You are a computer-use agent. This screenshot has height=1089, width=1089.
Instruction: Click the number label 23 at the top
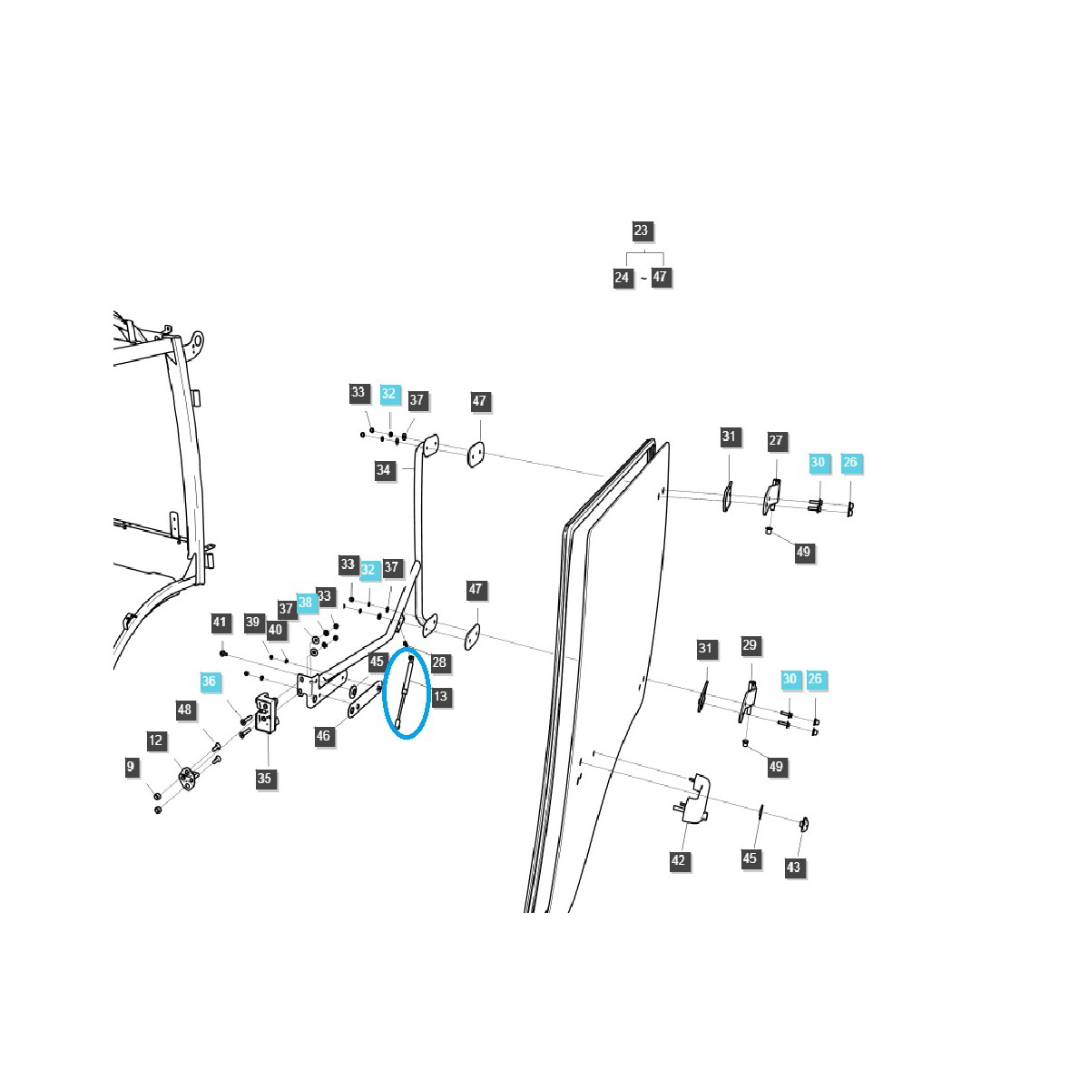(641, 231)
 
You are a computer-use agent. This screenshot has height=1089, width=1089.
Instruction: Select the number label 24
(622, 277)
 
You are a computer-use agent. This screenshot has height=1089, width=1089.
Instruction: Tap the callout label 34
(384, 470)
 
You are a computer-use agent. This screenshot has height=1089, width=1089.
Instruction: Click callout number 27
(776, 441)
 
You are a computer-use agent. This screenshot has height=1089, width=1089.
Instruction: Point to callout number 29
(750, 645)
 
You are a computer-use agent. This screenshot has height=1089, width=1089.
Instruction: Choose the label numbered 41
(220, 623)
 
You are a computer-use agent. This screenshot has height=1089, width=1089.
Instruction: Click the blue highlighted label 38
(306, 603)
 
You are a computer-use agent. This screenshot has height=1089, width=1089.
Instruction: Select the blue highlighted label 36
(210, 682)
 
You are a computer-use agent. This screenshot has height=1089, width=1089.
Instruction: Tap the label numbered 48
(185, 710)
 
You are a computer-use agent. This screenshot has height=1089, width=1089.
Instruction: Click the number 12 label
(156, 741)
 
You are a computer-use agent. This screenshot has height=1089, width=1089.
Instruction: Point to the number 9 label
(131, 768)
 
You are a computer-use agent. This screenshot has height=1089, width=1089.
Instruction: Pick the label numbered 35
(264, 778)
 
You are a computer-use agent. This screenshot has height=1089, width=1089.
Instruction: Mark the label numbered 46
(324, 736)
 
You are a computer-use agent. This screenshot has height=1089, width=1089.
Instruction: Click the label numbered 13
(440, 697)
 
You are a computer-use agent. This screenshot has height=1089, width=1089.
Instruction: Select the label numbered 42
(679, 859)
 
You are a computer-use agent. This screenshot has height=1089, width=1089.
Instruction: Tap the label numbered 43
(794, 868)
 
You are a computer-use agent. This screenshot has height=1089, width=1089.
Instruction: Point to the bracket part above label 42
(696, 799)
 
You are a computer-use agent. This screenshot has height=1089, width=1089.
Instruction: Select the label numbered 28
(439, 662)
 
